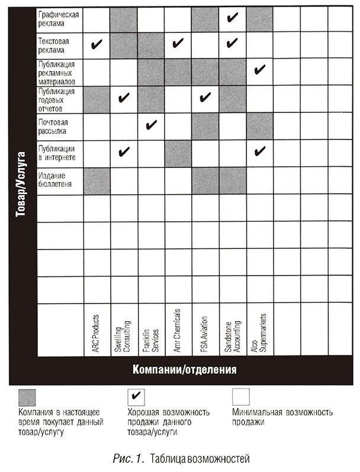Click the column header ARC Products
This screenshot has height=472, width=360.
pyautogui.click(x=96, y=335)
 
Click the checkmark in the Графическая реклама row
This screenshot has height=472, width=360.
pyautogui.click(x=232, y=18)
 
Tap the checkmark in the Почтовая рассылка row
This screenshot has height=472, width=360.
pyautogui.click(x=151, y=125)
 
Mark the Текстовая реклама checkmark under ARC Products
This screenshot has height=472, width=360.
pyautogui.click(x=97, y=44)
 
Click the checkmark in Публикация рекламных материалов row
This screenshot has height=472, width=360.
pyautogui.click(x=259, y=71)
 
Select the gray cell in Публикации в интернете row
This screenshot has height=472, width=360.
pyautogui.click(x=178, y=153)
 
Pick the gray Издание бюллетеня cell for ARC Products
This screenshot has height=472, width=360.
pyautogui.click(x=97, y=180)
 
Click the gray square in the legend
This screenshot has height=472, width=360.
pyautogui.click(x=27, y=396)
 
